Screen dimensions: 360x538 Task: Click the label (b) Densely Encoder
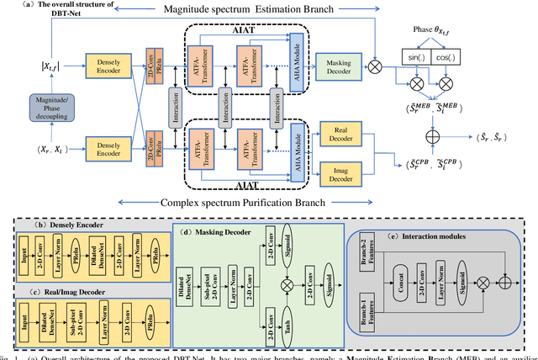[62, 226]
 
